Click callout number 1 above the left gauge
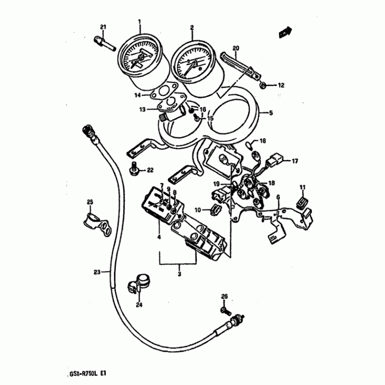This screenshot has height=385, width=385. pyautogui.click(x=140, y=22)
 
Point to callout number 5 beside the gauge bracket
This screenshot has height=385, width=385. pyautogui.click(x=270, y=114)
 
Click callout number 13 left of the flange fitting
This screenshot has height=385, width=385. pyautogui.click(x=142, y=109)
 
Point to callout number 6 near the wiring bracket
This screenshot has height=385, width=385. pyautogui.click(x=277, y=197)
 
